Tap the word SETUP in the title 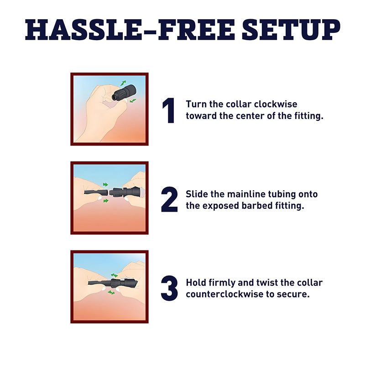tap(291, 30)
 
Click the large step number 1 tap(169, 110)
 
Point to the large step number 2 tap(169, 199)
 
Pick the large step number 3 tap(169, 288)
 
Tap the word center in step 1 tap(250, 116)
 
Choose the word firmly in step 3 tap(222, 283)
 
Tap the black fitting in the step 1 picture tap(124, 93)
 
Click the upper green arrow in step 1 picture tap(123, 83)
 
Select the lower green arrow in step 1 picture tap(133, 101)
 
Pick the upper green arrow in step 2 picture tap(105, 185)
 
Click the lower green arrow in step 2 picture tap(106, 201)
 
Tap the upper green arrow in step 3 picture tap(114, 275)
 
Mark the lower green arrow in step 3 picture tap(111, 292)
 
